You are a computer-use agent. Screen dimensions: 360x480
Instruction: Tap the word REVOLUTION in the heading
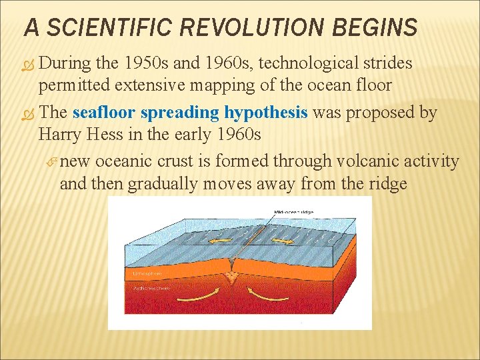click(252, 27)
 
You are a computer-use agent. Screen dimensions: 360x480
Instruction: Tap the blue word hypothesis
click(267, 113)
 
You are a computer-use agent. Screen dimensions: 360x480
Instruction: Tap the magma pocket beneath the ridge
click(231, 275)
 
